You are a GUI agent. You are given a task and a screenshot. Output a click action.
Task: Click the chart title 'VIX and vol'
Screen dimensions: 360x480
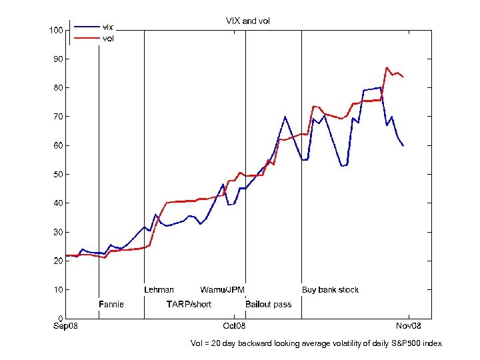[x=248, y=21]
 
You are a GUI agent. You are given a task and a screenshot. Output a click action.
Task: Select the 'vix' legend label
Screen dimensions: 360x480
[x=107, y=27]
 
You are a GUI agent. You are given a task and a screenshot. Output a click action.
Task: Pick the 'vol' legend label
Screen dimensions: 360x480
[x=107, y=39]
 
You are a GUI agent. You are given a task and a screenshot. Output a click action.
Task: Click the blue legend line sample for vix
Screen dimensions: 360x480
[x=86, y=27]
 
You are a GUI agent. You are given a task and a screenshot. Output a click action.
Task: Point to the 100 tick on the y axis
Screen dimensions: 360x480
[x=56, y=31]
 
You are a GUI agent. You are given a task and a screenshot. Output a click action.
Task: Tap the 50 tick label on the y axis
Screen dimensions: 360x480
[x=58, y=175]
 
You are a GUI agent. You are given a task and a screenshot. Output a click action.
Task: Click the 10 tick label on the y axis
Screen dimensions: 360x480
[x=58, y=290]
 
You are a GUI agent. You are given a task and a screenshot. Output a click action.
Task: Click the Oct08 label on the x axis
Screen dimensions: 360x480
[x=234, y=327]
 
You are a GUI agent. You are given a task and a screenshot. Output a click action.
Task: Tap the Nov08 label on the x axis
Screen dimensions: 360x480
[x=409, y=327]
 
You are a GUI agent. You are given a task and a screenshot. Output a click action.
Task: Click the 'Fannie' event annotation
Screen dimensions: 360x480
[x=111, y=305]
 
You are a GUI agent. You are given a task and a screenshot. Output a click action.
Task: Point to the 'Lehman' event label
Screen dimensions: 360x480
[x=159, y=290]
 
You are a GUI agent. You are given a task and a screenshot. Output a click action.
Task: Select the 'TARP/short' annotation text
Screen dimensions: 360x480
[x=189, y=305]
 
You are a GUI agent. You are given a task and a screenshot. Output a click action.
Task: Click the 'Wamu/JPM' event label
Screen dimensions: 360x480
[x=223, y=290]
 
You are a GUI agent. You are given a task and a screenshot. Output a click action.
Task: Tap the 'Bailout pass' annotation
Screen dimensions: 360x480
[x=269, y=305]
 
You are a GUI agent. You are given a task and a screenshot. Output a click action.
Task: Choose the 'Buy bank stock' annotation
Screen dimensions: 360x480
[x=330, y=290]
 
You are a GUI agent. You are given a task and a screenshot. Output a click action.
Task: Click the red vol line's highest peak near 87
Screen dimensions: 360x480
[x=387, y=67]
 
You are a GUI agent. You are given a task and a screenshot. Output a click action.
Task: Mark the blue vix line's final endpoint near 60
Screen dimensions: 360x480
[x=403, y=146]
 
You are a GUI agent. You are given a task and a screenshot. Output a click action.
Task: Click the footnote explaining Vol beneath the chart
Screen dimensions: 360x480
[x=316, y=343]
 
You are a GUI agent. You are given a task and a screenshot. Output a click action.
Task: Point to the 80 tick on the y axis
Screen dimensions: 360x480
[x=58, y=88]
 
